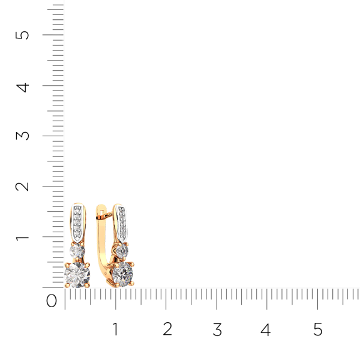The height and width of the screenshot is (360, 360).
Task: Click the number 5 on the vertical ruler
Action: pos(22,35)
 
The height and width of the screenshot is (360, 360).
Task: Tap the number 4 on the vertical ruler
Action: pos(23,88)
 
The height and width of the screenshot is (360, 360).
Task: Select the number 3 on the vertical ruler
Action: pos(22,136)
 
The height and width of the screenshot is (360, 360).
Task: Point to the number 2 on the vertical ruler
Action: pos(22,187)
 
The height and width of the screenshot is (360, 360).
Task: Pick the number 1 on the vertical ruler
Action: pos(22,238)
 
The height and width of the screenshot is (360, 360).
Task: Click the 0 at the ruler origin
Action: pos(52,301)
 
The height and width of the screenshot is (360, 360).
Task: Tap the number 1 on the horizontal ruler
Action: pos(115,329)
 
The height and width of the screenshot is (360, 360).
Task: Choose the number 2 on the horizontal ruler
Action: pos(167,329)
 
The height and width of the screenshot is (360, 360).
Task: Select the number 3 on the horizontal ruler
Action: pos(217,329)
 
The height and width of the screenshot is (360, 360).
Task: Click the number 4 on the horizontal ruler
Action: pos(266,329)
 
